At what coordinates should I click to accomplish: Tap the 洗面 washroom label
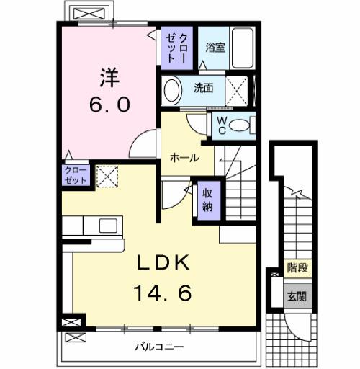pyautogui.click(x=203, y=89)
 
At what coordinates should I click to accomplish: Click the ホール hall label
pyautogui.click(x=184, y=157)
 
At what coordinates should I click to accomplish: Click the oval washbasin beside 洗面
pyautogui.click(x=173, y=90)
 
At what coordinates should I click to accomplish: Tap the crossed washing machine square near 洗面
pyautogui.click(x=237, y=90)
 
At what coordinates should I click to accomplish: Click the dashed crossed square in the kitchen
pyautogui.click(x=107, y=176)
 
